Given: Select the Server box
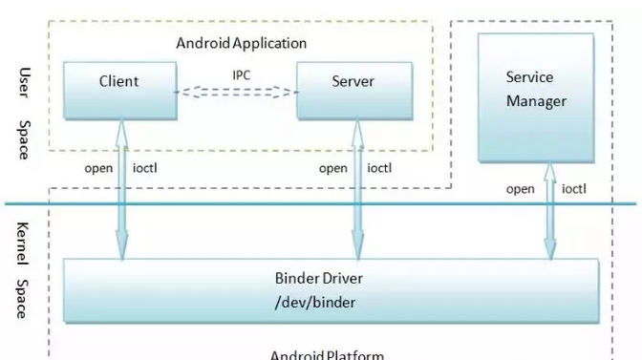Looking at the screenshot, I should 353,90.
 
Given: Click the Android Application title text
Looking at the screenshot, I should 242,43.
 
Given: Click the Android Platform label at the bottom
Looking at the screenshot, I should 327,354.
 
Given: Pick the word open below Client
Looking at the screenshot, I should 98,169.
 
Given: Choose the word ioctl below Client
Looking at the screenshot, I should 144,169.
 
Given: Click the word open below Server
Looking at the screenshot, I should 332,169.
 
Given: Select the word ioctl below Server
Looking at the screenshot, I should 379,169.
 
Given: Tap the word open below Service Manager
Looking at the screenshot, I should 521,189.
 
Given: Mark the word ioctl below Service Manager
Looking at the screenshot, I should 574,189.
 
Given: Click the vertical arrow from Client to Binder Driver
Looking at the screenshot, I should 121,191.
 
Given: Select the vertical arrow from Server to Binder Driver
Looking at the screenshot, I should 356,191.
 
